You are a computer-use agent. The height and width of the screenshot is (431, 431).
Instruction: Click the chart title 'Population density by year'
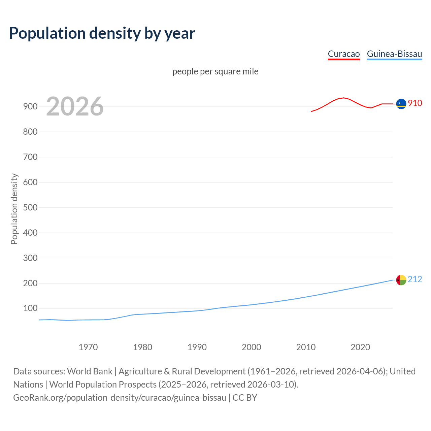102,33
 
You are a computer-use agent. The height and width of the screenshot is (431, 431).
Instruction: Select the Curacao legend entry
344,54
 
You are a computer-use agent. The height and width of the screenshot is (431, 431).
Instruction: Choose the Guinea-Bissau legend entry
394,54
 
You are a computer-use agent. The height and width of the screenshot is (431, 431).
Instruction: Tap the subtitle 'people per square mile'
215,71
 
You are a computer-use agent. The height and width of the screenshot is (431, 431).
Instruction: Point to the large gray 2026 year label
75,106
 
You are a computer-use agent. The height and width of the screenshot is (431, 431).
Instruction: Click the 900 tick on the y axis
30,106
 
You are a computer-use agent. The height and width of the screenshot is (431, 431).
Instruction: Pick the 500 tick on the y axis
30,207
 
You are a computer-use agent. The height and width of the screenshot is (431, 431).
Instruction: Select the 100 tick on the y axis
30,308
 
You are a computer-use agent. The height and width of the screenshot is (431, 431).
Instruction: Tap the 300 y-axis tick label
30,258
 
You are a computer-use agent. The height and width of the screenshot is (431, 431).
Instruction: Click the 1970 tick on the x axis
88,347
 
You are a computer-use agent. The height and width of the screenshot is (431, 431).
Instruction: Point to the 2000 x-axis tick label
252,347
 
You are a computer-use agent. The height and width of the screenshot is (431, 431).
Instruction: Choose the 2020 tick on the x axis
360,347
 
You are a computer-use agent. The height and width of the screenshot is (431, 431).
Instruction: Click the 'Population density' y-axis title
14,209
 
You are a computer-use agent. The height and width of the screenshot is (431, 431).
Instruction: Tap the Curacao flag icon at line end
401,104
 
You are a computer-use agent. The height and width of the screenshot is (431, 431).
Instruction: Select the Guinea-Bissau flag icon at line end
401,280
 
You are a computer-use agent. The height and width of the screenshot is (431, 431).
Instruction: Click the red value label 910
415,103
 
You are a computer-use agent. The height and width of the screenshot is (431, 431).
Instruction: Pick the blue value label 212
415,279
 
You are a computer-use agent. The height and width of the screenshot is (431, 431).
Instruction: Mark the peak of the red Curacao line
343,98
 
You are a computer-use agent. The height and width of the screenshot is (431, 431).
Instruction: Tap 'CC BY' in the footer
245,397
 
